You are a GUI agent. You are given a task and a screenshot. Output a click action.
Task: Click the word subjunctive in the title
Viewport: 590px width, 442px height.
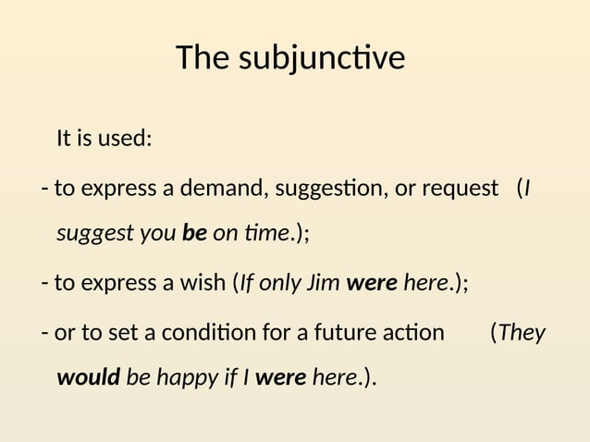coord(322,59)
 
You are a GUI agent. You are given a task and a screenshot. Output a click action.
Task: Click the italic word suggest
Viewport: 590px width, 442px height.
coord(90,235)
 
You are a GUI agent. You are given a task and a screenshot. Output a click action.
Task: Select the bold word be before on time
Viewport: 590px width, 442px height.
coord(194,234)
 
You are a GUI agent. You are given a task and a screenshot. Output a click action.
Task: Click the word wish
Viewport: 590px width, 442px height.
coord(206,283)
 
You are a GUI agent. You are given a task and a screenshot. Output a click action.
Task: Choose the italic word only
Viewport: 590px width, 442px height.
coord(278,283)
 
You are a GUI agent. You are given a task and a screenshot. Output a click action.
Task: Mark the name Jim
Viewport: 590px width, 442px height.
coord(323,283)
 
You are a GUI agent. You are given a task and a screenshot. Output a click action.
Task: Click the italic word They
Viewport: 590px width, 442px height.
coord(522,331)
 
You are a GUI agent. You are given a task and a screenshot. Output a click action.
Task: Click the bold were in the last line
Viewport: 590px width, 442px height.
coord(281,378)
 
